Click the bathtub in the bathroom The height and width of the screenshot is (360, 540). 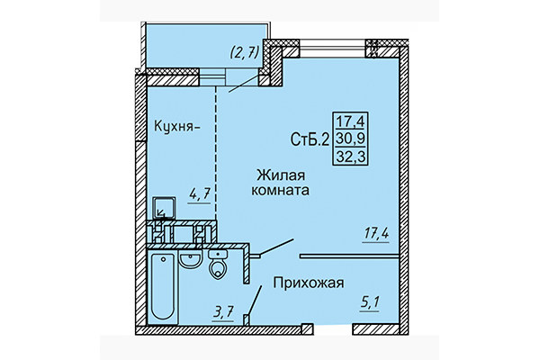click(x=164, y=287)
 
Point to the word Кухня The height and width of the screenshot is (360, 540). click(x=175, y=127)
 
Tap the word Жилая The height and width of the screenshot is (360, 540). click(x=278, y=175)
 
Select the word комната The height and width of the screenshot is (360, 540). click(x=282, y=192)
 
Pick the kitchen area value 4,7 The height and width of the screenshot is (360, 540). click(x=198, y=192)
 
